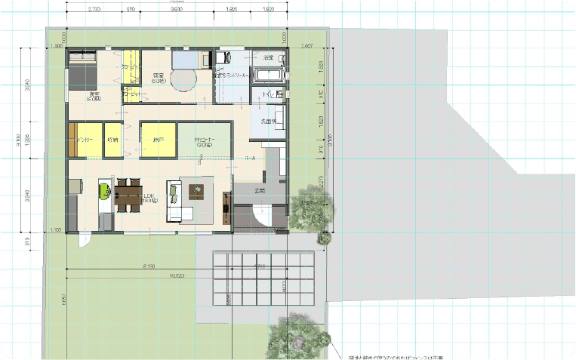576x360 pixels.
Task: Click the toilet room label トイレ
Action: pos(269,93)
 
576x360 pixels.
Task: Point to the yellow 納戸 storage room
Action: pos(159,140)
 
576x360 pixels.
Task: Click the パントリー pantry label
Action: pos(84,140)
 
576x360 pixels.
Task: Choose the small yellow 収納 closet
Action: pos(113,140)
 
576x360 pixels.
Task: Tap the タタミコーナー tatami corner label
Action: pos(205,142)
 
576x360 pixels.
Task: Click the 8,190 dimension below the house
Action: pos(148,266)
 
